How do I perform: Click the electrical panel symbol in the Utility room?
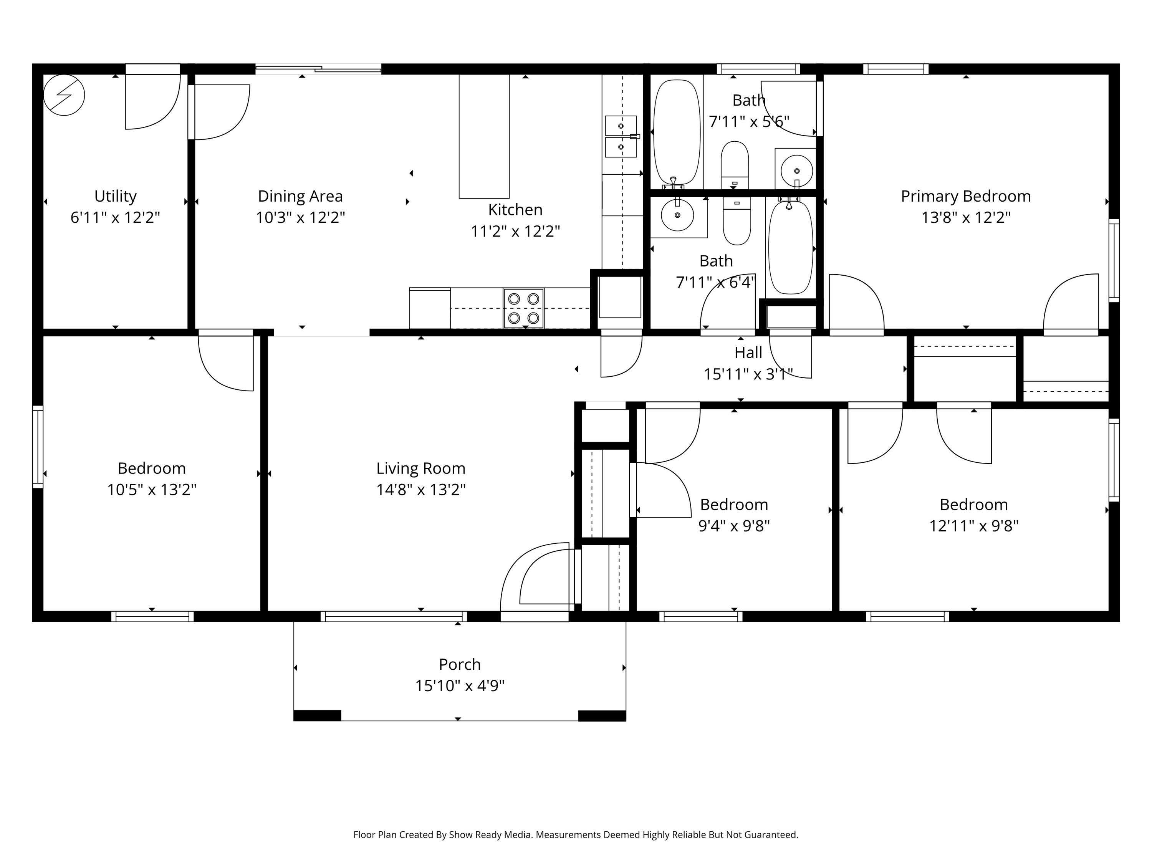(x=64, y=95)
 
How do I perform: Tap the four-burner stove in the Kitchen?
(x=523, y=308)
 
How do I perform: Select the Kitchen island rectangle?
(x=484, y=136)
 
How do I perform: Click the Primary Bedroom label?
(x=965, y=196)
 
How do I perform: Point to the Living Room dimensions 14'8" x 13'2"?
(x=421, y=490)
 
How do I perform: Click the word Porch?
(x=459, y=665)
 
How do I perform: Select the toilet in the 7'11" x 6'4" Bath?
(x=737, y=221)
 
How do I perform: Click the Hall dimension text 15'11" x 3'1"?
(x=748, y=374)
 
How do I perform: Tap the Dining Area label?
(x=301, y=196)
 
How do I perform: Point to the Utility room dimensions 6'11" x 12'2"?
(x=115, y=217)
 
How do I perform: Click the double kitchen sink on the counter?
(x=621, y=136)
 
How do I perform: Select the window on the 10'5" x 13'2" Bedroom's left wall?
(x=38, y=447)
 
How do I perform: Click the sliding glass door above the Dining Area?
(x=318, y=68)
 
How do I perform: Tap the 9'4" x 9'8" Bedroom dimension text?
(x=734, y=526)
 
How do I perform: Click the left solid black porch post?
(x=317, y=715)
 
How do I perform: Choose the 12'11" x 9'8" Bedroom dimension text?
(x=973, y=526)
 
